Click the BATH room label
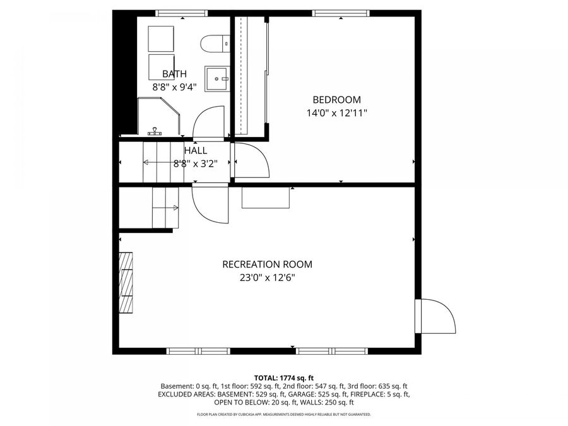[175, 74]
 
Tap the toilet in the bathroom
[215, 44]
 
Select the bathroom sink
[217, 79]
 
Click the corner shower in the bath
[159, 116]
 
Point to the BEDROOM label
[337, 100]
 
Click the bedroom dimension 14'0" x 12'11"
[337, 113]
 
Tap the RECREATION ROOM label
[268, 264]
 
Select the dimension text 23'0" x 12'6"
[268, 278]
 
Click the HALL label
[196, 150]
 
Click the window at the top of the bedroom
[341, 13]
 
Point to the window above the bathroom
[182, 13]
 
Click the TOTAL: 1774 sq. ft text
[284, 379]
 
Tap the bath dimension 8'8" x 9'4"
[175, 87]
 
